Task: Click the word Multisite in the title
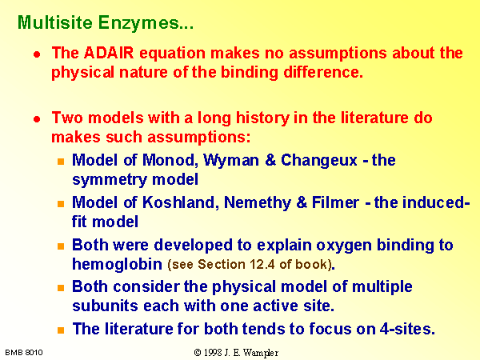[x=55, y=22]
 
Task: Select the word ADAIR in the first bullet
[x=109, y=53]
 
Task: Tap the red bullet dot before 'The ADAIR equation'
[x=37, y=54]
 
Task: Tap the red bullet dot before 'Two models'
[x=37, y=119]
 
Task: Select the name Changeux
[x=319, y=161]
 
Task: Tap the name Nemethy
[x=258, y=203]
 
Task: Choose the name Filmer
[x=335, y=202]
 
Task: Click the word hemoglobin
[x=117, y=264]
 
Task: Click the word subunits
[x=106, y=306]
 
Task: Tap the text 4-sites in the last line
[x=407, y=329]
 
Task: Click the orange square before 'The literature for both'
[x=61, y=330]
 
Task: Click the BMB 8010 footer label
[x=24, y=353]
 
